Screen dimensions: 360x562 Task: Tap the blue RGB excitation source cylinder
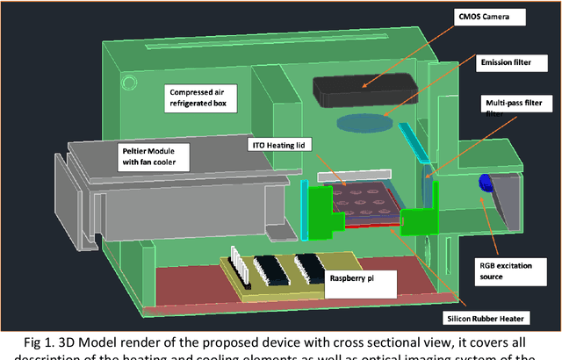click(x=484, y=184)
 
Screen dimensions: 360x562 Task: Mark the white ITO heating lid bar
click(x=350, y=176)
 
